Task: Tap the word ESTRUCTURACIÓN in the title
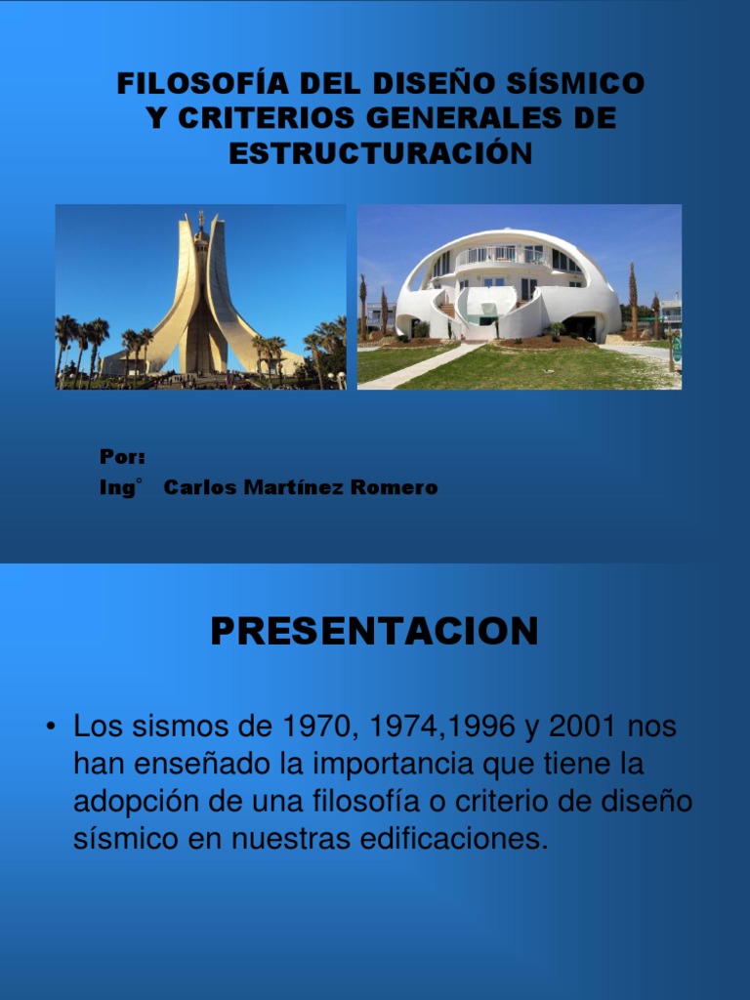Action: click(x=381, y=153)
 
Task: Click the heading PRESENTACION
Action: click(x=374, y=632)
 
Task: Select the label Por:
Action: click(x=122, y=457)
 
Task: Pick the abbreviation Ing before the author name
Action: click(x=116, y=487)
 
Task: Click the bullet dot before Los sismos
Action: click(x=49, y=728)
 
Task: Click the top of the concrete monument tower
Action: click(x=201, y=218)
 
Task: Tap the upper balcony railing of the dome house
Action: click(x=503, y=257)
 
